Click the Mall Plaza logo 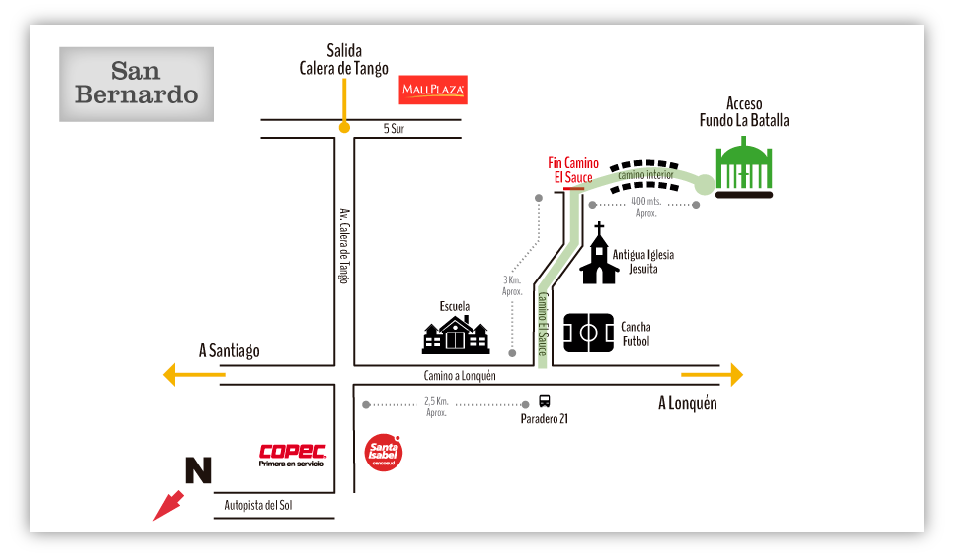[433, 91]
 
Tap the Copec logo [292, 455]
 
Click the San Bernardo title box [136, 84]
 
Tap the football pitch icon [588, 333]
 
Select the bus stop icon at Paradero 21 [545, 401]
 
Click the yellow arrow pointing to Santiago [194, 375]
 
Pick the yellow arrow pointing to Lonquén [713, 375]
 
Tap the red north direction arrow [168, 505]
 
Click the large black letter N [199, 470]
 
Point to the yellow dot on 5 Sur [344, 127]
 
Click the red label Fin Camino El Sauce [573, 170]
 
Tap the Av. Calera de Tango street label [344, 246]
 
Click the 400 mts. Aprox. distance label [646, 207]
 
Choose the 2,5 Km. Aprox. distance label [437, 406]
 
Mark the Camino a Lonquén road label [459, 376]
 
